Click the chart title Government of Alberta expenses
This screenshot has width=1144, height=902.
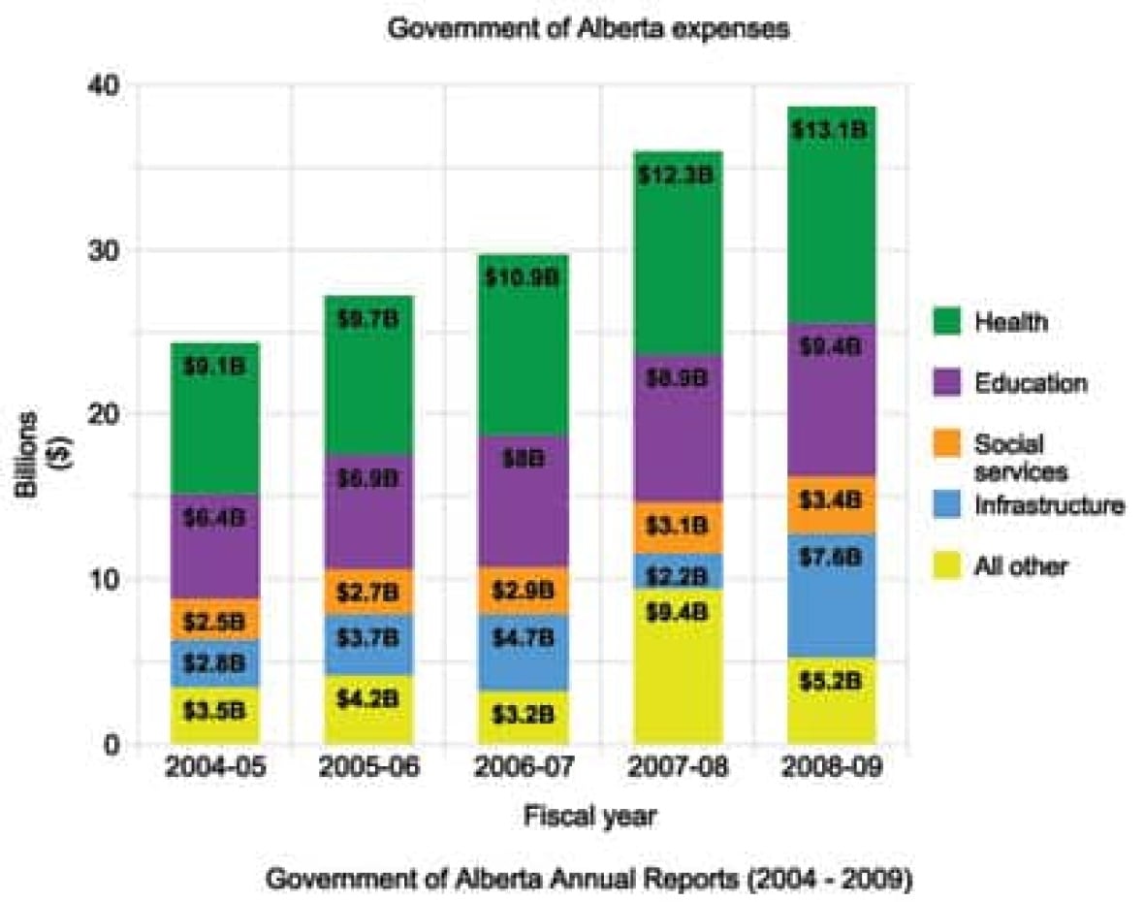(588, 28)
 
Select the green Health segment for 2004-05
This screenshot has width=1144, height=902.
(214, 417)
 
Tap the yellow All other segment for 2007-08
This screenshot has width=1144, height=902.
(679, 669)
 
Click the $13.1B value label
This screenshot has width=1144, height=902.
(831, 129)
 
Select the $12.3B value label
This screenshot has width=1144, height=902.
(678, 175)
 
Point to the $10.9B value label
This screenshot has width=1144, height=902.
(524, 277)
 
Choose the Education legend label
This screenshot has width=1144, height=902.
(1031, 382)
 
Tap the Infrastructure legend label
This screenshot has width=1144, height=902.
(1049, 505)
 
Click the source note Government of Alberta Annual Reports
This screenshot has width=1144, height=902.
(588, 880)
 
